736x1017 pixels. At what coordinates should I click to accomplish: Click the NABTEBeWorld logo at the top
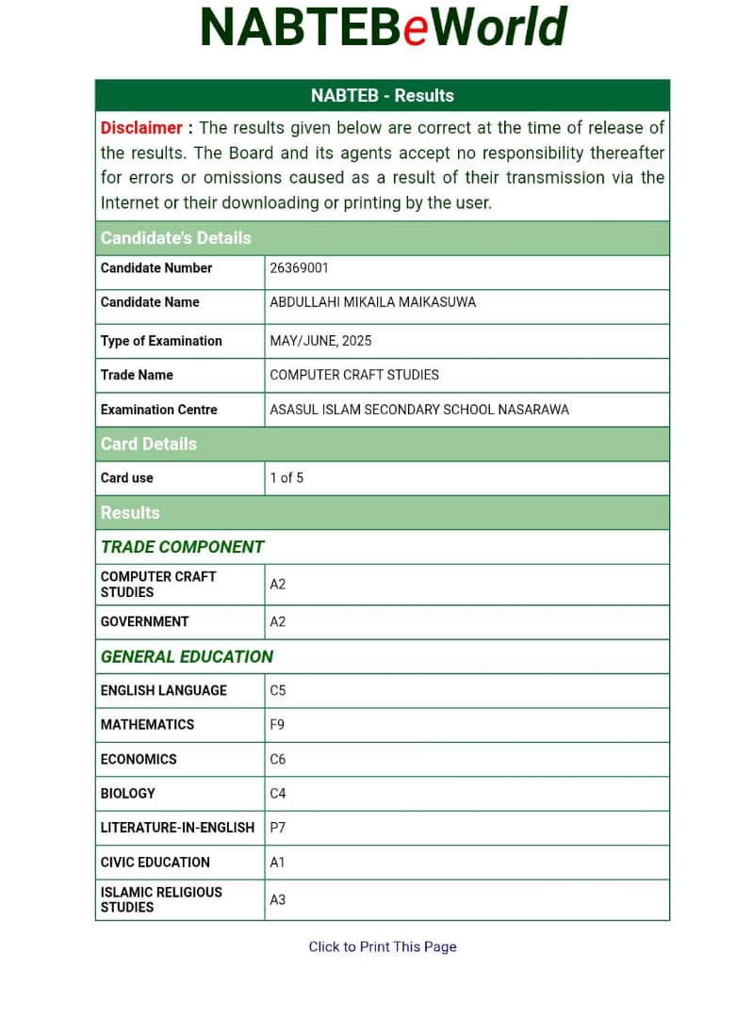tap(383, 28)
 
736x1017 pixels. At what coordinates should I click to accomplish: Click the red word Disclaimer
tap(141, 128)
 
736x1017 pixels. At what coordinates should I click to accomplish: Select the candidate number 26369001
tap(299, 268)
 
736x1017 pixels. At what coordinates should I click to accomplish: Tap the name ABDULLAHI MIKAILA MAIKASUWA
tap(372, 302)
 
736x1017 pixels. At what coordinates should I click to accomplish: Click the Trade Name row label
tap(137, 375)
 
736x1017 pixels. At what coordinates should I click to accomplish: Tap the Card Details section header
tap(149, 444)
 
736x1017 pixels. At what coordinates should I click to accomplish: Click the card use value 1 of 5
tap(286, 478)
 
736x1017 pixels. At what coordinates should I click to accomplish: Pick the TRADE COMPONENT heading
tap(182, 547)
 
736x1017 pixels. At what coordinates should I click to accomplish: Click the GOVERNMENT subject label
tap(144, 621)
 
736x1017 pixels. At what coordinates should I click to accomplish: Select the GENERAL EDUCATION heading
tap(187, 657)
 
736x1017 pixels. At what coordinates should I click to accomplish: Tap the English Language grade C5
tap(278, 690)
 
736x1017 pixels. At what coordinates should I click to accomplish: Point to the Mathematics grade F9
tap(278, 725)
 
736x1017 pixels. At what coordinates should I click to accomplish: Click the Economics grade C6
tap(278, 759)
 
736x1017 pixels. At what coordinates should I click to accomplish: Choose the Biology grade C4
tap(278, 794)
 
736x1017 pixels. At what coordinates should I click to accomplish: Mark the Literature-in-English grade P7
tap(278, 828)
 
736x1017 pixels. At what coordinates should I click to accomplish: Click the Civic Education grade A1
tap(278, 863)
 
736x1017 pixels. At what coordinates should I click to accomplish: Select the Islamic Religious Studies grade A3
tap(278, 900)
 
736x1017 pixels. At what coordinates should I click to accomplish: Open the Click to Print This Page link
tap(383, 947)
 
